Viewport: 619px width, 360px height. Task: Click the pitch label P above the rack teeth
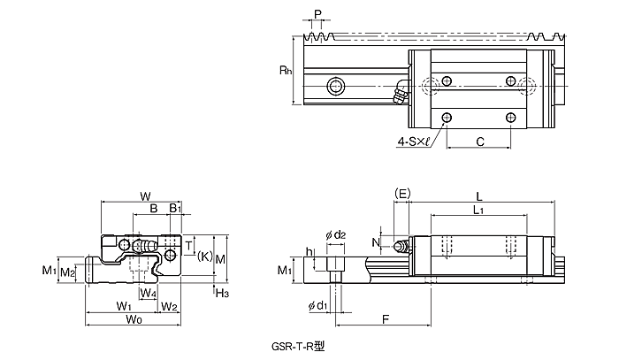click(x=317, y=14)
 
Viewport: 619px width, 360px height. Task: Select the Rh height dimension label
click(x=286, y=70)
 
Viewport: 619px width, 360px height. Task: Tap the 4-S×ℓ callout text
click(x=413, y=142)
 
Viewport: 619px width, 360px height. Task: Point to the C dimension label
click(x=480, y=142)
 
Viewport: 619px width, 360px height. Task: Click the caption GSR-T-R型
click(x=298, y=347)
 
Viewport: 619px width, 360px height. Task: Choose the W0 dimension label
click(x=134, y=319)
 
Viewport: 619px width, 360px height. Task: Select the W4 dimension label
click(x=148, y=293)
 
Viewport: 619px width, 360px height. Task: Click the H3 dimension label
click(x=222, y=293)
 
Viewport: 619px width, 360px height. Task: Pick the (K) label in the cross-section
click(x=205, y=257)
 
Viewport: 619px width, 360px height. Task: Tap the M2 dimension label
click(x=67, y=272)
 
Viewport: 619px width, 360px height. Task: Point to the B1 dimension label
click(x=175, y=208)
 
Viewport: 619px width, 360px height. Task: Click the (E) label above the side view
click(x=402, y=194)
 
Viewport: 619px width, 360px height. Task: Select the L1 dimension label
click(x=478, y=210)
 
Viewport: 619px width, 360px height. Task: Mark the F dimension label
click(x=386, y=319)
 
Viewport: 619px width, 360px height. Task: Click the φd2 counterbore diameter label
click(x=335, y=235)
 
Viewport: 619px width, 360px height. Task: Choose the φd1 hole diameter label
click(x=317, y=305)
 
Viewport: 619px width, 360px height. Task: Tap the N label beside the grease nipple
click(x=376, y=242)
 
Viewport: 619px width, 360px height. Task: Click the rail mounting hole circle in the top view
click(x=336, y=86)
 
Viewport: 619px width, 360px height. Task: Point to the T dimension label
click(x=188, y=246)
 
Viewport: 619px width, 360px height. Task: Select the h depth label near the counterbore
click(x=309, y=251)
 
